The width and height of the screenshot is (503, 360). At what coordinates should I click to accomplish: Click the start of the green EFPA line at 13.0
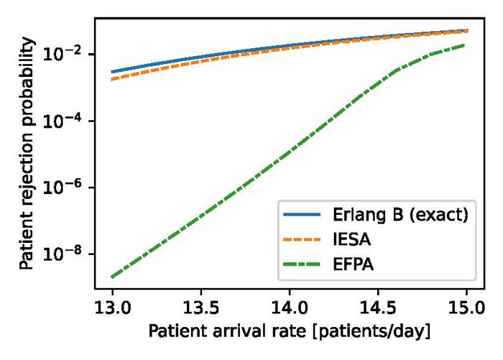point(112,277)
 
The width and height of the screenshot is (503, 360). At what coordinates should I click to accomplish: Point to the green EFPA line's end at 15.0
point(466,45)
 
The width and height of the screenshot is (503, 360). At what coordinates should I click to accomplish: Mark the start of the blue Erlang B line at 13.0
point(112,72)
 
